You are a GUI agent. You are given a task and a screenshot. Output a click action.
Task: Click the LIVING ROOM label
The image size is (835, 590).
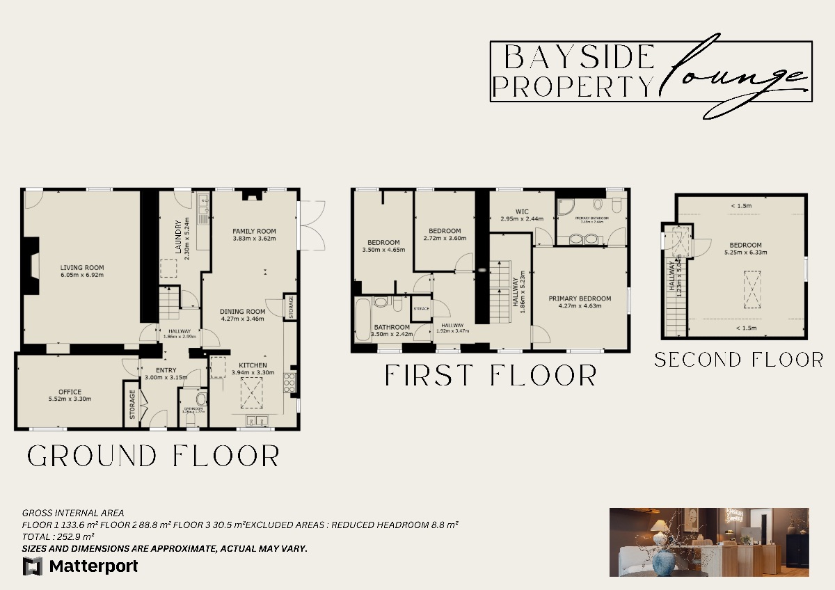(x=81, y=267)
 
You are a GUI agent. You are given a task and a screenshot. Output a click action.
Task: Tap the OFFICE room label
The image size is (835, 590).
(x=70, y=392)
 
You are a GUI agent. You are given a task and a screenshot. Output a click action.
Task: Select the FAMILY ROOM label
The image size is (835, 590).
(x=254, y=231)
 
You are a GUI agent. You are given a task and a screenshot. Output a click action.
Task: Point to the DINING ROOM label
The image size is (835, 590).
(x=242, y=311)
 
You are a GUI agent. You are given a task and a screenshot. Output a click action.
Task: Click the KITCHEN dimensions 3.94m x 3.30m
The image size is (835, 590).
(x=253, y=372)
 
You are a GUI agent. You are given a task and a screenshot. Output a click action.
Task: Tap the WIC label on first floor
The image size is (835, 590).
(x=522, y=211)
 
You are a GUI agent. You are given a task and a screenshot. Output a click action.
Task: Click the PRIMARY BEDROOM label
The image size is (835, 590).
(x=580, y=298)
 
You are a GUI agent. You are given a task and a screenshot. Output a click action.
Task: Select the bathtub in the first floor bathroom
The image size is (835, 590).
(x=363, y=320)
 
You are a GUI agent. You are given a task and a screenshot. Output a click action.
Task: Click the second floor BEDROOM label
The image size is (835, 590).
(x=745, y=245)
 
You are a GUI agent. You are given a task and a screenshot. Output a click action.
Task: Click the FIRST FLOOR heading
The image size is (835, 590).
(x=491, y=376)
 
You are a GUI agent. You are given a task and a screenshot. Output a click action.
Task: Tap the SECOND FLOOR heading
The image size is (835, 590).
(x=738, y=360)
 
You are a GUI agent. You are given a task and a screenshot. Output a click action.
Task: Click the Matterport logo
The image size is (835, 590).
(x=81, y=566)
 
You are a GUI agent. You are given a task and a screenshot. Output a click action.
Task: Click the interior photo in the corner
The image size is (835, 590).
(x=708, y=542)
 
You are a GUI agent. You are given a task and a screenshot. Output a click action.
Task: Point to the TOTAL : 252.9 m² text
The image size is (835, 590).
(x=58, y=536)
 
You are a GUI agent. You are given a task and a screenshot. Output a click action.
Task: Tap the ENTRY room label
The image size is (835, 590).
(x=161, y=370)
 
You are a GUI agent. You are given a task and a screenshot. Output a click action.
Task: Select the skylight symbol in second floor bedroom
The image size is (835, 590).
(x=751, y=289)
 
